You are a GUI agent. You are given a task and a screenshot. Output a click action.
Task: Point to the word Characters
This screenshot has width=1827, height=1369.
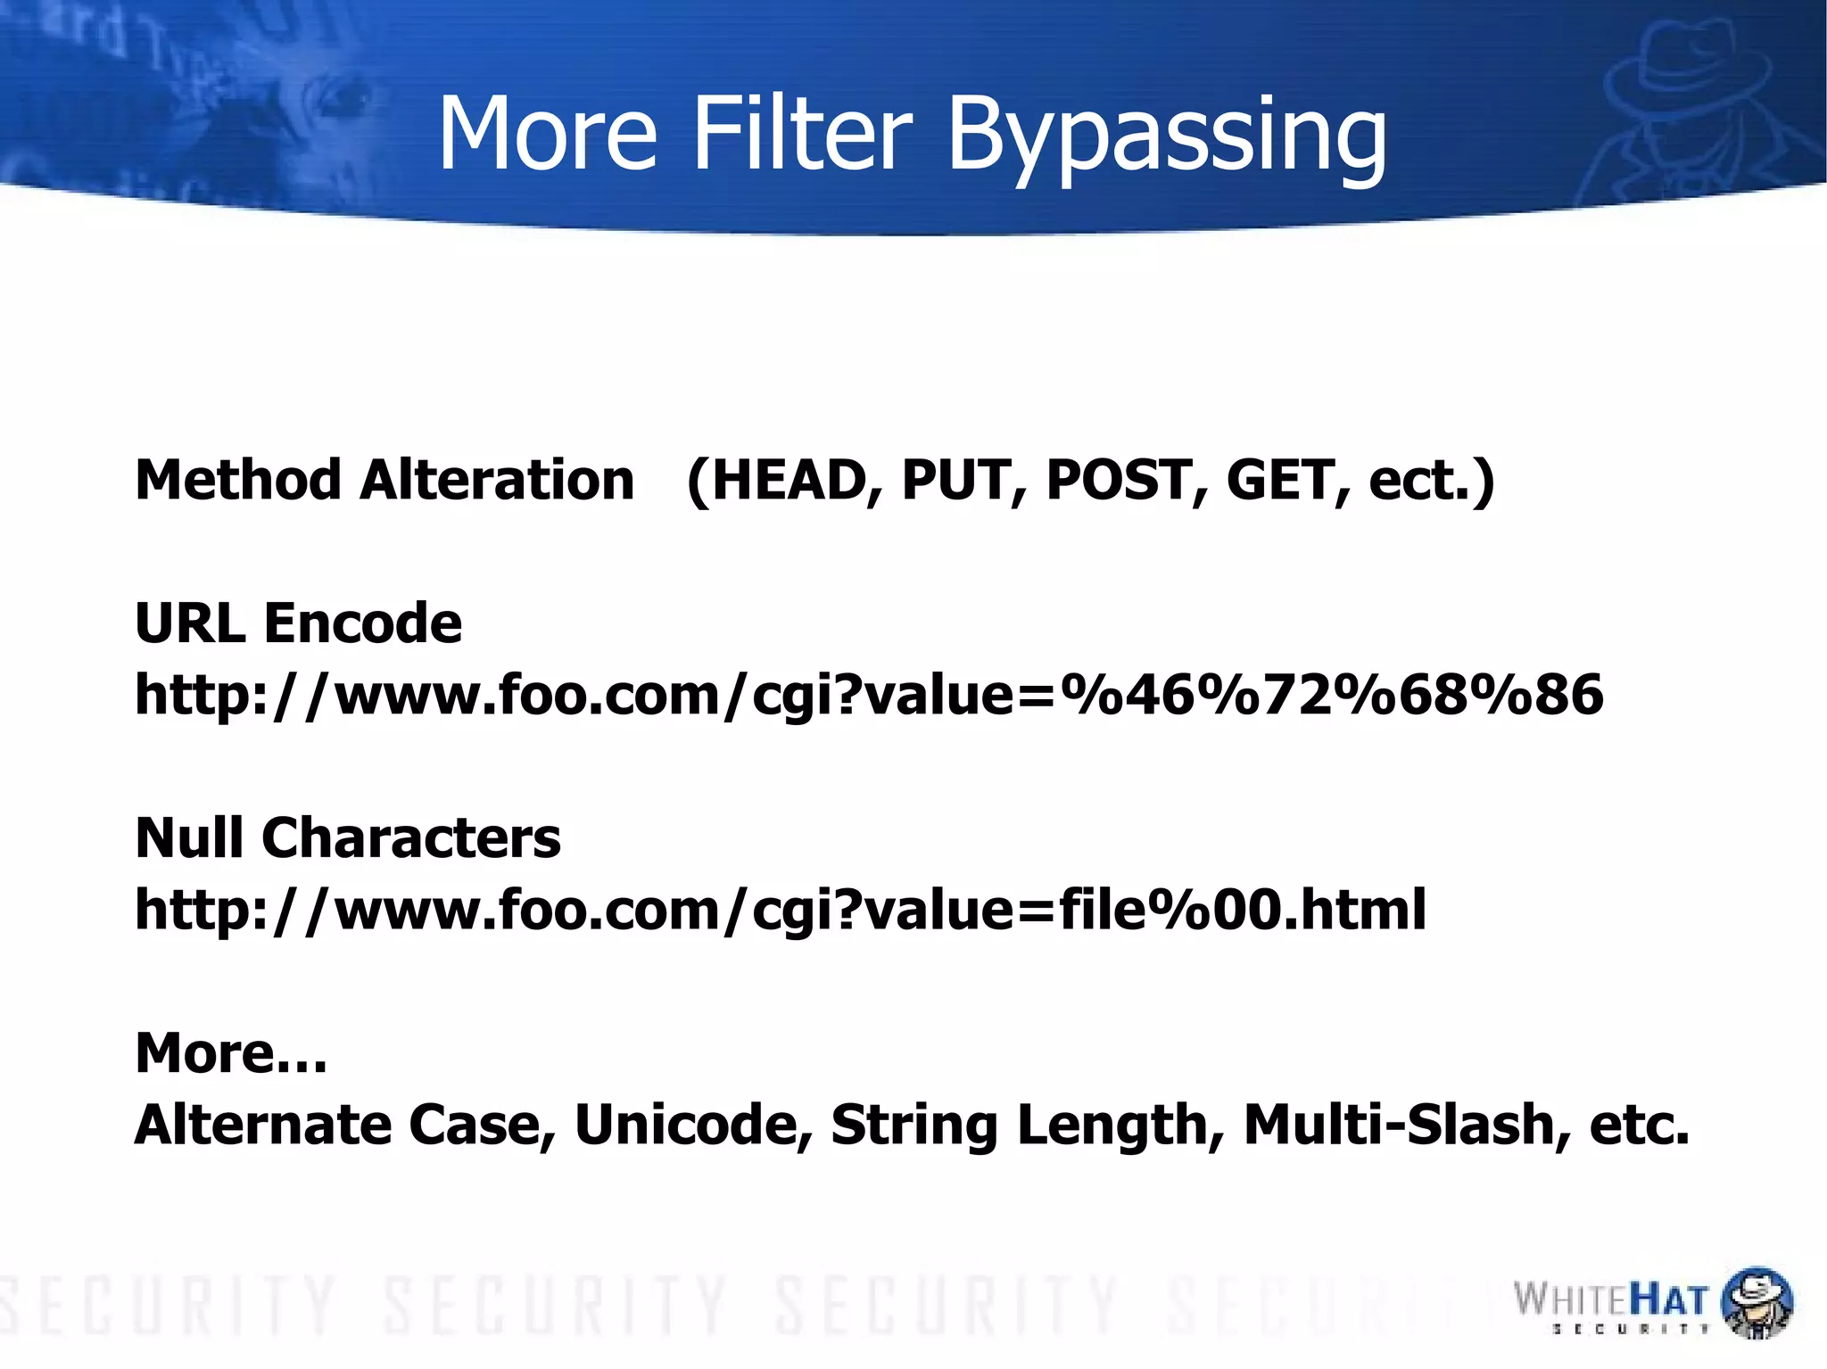click(x=411, y=837)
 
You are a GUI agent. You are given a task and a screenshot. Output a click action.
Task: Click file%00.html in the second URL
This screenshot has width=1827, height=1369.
click(x=1242, y=910)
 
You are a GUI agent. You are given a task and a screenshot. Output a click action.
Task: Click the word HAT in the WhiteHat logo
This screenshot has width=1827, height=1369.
click(x=1669, y=1300)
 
